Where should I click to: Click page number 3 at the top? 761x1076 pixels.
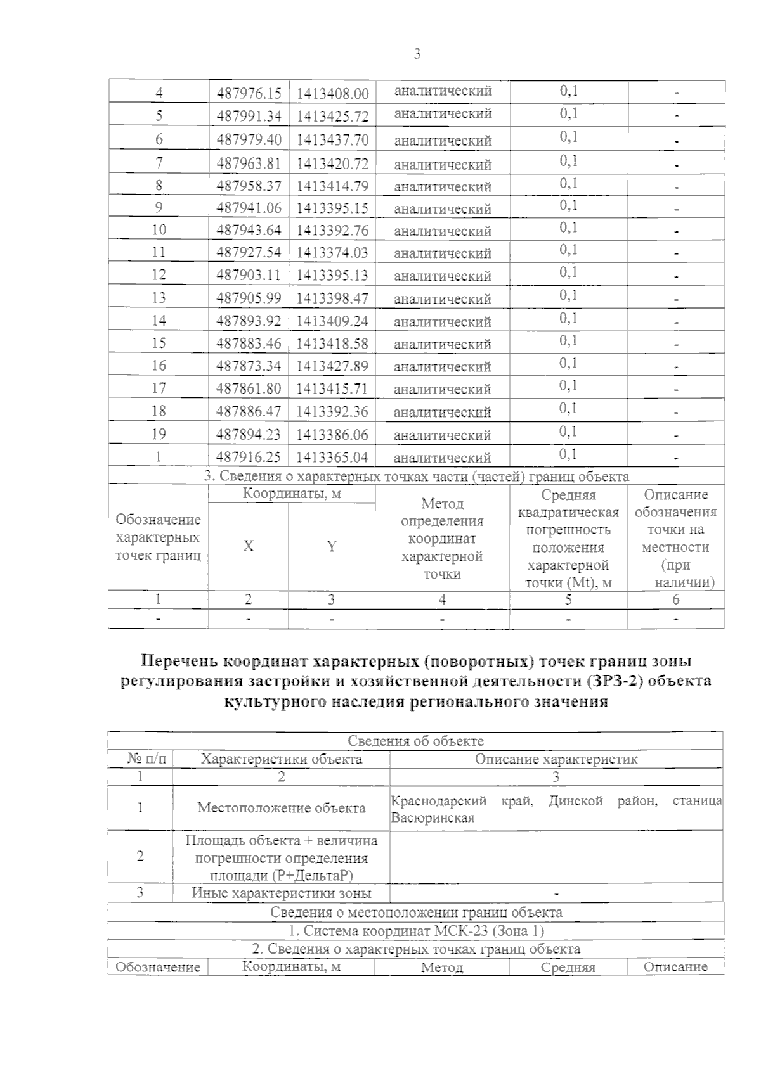[417, 54]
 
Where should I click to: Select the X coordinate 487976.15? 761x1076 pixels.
[249, 94]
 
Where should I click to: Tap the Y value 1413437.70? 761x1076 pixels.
[332, 140]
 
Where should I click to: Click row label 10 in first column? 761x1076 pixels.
[159, 230]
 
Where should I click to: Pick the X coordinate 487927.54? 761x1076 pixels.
[249, 253]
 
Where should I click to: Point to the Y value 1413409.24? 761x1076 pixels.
[332, 321]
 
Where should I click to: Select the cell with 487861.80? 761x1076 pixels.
[249, 389]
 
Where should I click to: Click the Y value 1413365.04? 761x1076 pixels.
[332, 458]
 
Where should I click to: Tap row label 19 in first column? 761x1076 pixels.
[159, 434]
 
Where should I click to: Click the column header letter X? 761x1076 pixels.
[249, 547]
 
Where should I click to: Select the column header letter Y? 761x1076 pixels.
[332, 547]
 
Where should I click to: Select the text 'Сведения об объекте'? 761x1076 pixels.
[415, 741]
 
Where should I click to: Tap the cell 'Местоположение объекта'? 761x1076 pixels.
[281, 808]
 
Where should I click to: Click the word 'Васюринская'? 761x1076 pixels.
[433, 818]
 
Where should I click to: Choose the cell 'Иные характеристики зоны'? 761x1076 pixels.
[281, 893]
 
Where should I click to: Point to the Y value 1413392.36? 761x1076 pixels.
[332, 412]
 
